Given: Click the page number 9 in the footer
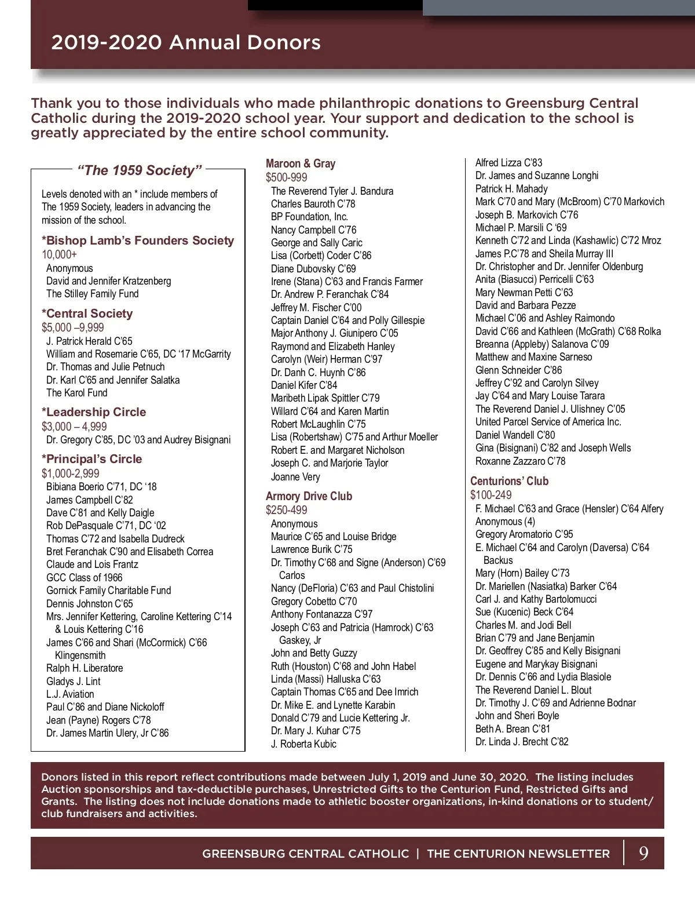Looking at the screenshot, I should tap(643, 853).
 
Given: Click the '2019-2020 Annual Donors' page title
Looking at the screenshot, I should tap(185, 42).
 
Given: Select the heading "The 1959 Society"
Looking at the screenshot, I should tap(140, 170).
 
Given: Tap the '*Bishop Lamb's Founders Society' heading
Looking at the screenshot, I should tap(138, 241).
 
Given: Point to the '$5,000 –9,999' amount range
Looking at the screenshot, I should tap(72, 327).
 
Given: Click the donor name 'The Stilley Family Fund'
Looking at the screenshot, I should tap(93, 294).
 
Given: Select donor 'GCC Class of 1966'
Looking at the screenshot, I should tap(84, 577).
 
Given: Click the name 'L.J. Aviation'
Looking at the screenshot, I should tap(70, 694).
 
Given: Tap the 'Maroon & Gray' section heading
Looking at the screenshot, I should tap(301, 163).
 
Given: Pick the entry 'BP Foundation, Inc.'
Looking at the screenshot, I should tap(309, 217).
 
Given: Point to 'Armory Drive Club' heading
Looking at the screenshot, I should tap(309, 496).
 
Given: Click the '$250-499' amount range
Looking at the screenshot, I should tap(287, 510).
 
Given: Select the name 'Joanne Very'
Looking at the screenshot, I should tap(295, 477).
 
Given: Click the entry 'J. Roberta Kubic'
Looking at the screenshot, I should tap(303, 744).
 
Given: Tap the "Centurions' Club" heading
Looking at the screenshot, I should tap(509, 481).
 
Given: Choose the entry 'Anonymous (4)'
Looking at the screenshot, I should tap(505, 522).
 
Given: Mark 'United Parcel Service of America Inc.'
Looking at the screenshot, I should tap(548, 422).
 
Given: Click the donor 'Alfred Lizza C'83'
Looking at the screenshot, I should tap(509, 163).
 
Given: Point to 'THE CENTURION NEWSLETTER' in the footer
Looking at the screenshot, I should tap(518, 854).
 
